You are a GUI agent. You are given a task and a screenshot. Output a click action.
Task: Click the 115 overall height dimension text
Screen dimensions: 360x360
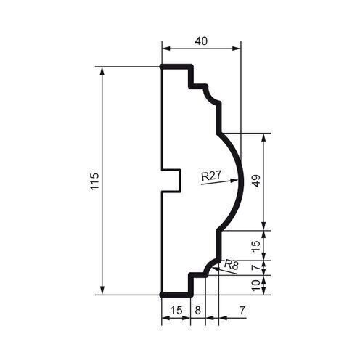[x=93, y=181]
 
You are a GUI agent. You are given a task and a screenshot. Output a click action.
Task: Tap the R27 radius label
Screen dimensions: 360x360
[x=210, y=175]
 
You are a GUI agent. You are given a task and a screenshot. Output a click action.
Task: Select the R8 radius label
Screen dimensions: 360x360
[x=232, y=265]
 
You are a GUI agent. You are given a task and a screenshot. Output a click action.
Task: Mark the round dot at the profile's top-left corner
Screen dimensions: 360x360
[x=160, y=67]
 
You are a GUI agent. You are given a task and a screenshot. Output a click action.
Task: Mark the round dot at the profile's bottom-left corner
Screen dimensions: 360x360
[x=160, y=295]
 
